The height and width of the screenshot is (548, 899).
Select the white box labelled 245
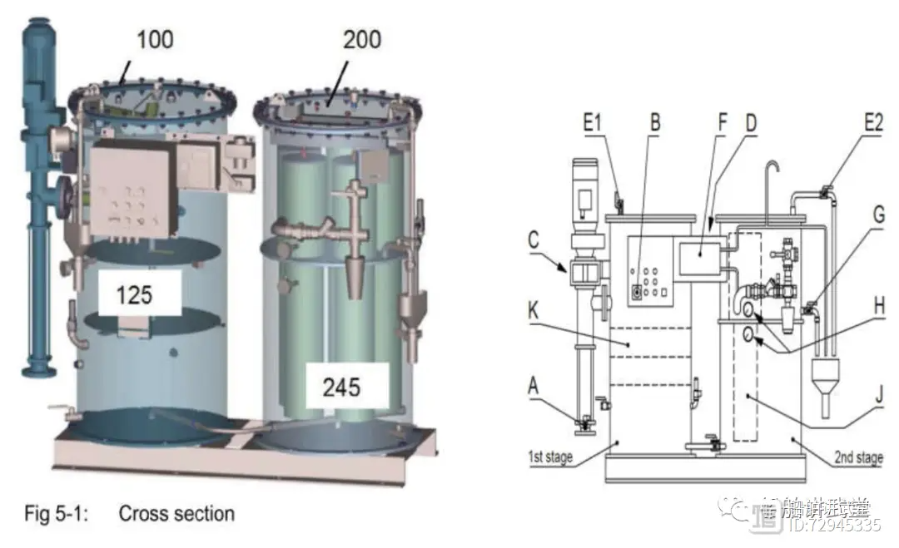click(342, 385)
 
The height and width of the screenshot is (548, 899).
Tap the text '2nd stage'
click(857, 457)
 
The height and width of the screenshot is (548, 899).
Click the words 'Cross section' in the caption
click(176, 513)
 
